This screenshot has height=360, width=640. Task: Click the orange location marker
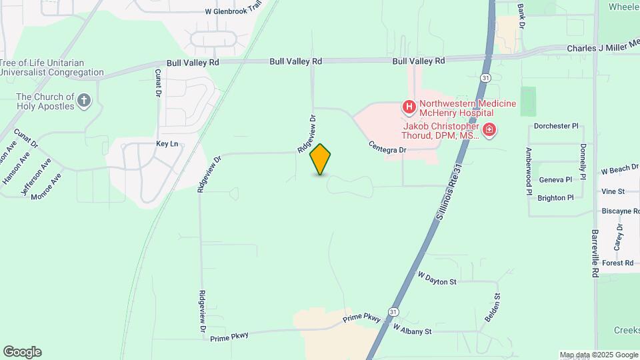point(321,159)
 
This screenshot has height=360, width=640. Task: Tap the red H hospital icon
point(409,107)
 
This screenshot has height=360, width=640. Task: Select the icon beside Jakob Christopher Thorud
point(489,129)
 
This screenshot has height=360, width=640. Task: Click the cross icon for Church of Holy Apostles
point(83,101)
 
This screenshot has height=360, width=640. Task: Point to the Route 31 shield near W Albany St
point(393,311)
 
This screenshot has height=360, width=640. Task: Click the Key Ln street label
point(167,143)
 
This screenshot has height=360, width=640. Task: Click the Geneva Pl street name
point(555,179)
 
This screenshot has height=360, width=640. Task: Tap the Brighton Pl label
point(555,198)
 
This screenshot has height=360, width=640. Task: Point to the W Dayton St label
point(437,278)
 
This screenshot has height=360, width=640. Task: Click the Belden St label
point(493,308)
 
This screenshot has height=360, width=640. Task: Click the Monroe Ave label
point(49,185)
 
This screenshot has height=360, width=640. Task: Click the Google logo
point(22,352)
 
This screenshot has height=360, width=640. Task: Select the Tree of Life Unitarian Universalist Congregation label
point(52,67)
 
